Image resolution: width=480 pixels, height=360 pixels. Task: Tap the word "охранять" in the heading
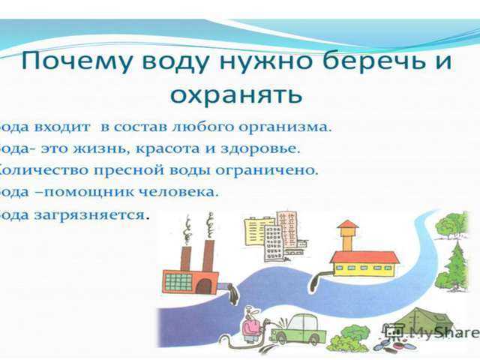point(235,94)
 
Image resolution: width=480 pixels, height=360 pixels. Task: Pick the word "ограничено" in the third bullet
point(279,169)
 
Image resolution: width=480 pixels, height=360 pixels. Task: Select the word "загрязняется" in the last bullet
point(103,214)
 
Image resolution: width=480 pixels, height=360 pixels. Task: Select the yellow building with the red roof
point(363,262)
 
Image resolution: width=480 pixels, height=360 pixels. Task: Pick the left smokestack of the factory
point(186,254)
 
